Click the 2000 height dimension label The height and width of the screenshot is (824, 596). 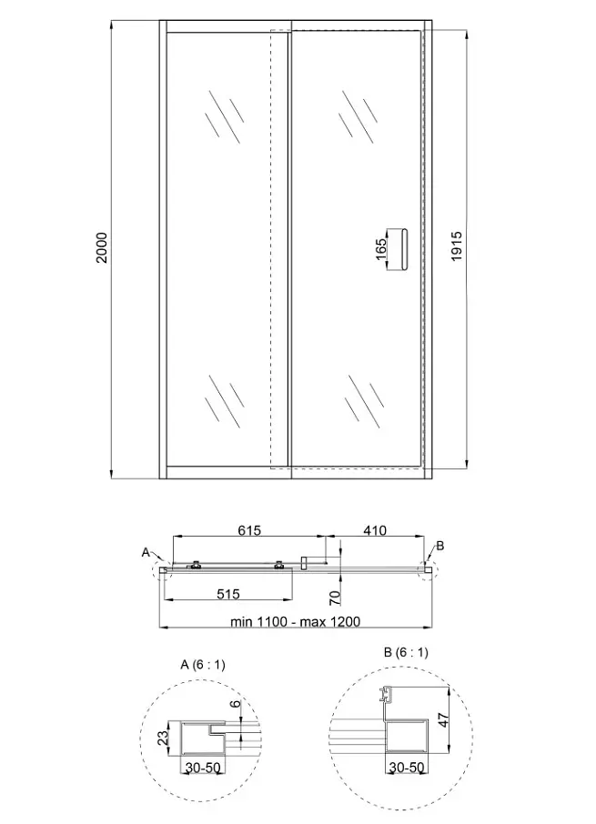tap(101, 247)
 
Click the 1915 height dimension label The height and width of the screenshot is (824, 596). tap(456, 246)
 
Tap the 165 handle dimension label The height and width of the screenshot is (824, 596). tap(381, 249)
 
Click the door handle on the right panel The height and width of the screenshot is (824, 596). tap(404, 249)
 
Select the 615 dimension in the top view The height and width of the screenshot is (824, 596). tap(249, 530)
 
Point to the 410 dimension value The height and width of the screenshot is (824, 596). tap(375, 530)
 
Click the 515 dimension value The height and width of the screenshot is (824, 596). tap(228, 594)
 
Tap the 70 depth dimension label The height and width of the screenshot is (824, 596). tap(335, 597)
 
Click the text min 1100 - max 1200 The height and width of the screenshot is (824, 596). tap(296, 622)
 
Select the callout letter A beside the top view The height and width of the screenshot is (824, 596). tap(146, 552)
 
